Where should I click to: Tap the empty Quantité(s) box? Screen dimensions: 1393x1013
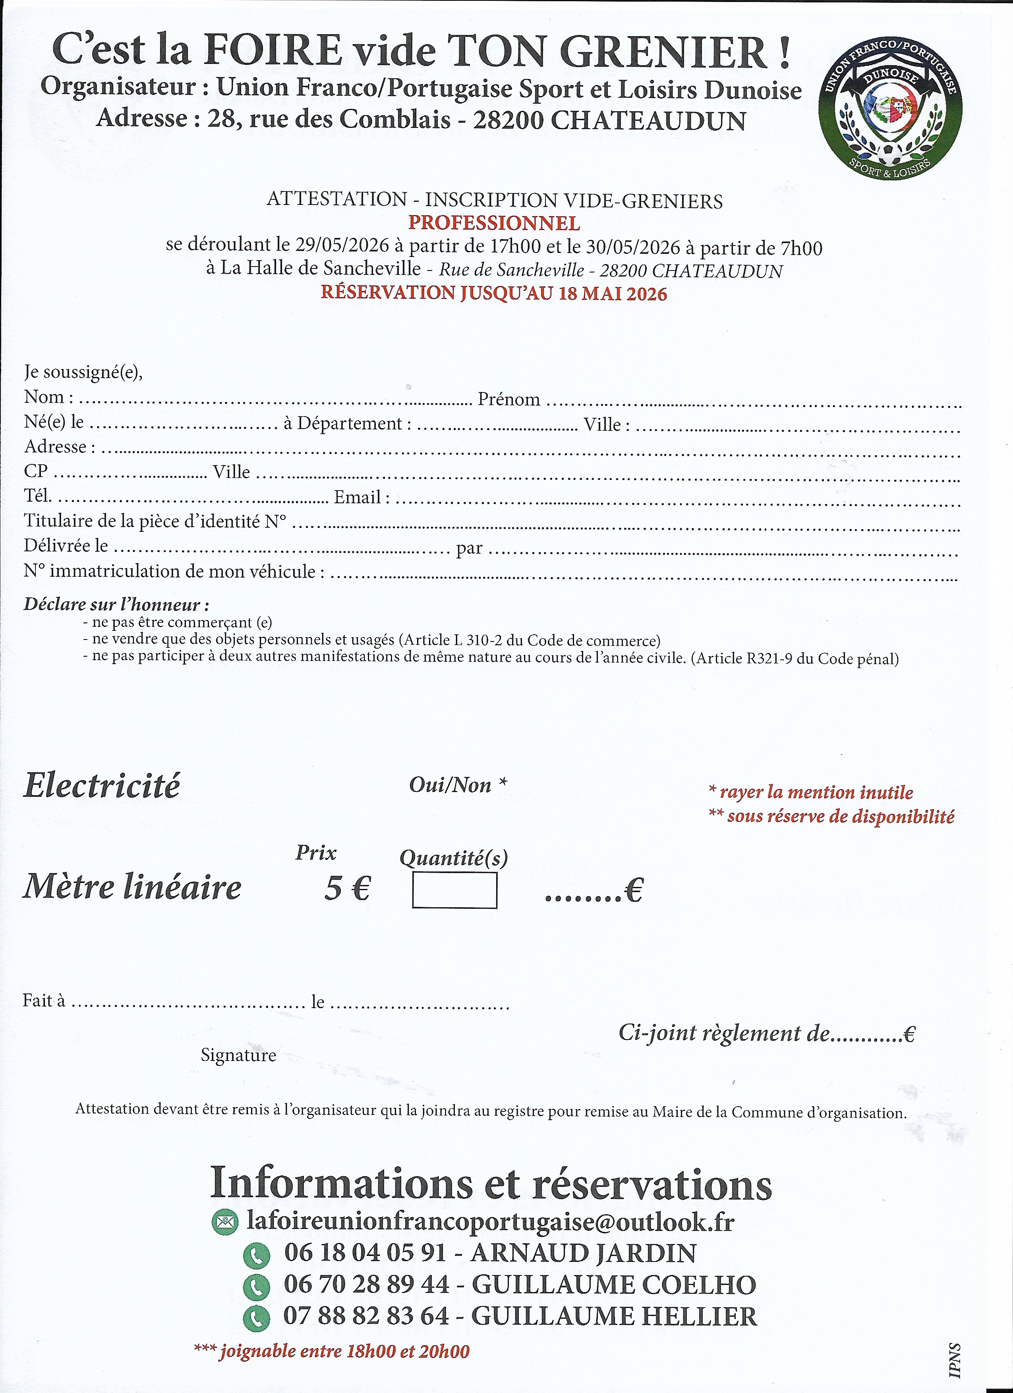point(454,891)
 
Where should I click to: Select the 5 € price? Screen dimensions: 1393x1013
point(347,888)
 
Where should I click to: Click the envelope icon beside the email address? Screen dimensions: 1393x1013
point(224,1222)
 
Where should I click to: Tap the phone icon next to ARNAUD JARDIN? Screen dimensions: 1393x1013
point(257,1255)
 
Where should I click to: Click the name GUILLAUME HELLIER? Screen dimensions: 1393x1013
point(614,1316)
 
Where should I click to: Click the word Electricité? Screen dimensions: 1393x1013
point(102,786)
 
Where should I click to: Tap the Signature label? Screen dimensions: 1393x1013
point(238,1055)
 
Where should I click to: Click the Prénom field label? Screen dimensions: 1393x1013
point(508,400)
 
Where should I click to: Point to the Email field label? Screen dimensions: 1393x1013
point(361,497)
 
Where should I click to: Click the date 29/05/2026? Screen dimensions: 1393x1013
point(342,247)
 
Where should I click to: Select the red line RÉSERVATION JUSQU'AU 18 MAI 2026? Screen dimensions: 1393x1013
point(494,293)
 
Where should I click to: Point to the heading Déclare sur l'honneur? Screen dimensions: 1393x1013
point(116,605)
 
